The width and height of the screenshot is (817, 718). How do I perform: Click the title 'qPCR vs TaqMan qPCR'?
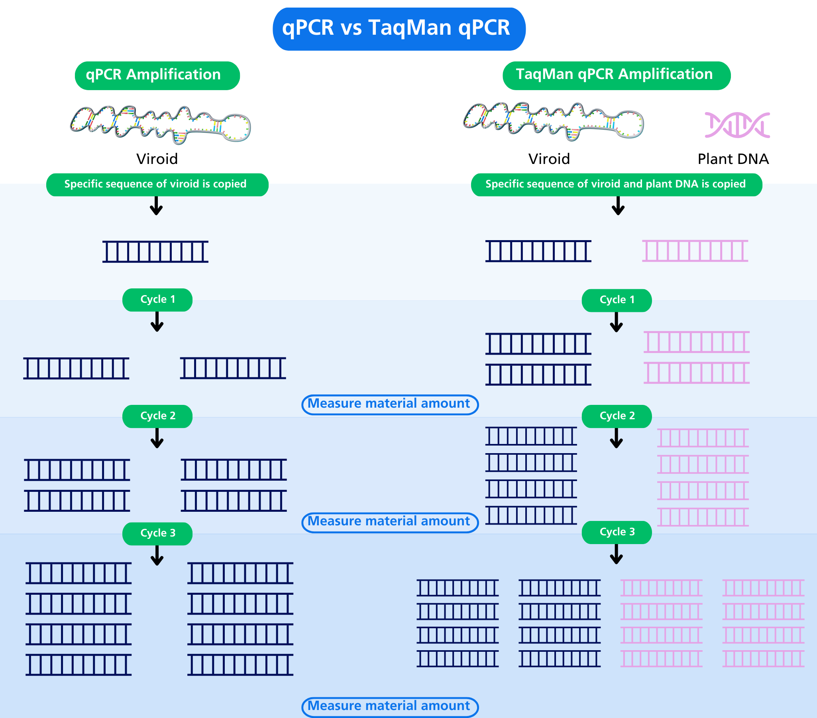pyautogui.click(x=396, y=28)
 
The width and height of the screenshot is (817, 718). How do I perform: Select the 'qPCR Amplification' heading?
pyautogui.click(x=153, y=75)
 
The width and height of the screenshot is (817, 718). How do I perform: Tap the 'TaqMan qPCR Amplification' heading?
pyautogui.click(x=614, y=75)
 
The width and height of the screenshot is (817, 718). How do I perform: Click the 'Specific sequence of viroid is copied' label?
pyautogui.click(x=155, y=184)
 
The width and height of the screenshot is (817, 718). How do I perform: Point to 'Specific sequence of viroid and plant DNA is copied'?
pyautogui.click(x=616, y=184)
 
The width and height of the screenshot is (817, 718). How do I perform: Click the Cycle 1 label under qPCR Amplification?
pyautogui.click(x=157, y=300)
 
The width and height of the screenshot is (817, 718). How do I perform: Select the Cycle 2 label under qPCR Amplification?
pyautogui.click(x=157, y=416)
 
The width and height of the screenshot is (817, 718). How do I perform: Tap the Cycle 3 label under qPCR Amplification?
pyautogui.click(x=157, y=533)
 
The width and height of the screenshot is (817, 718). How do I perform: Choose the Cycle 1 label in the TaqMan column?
pyautogui.click(x=617, y=300)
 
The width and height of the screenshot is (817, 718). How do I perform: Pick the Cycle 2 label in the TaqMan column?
pyautogui.click(x=617, y=416)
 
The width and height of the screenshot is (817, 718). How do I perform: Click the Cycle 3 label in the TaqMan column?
pyautogui.click(x=617, y=532)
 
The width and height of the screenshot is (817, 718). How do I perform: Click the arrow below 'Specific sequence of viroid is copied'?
pyautogui.click(x=156, y=206)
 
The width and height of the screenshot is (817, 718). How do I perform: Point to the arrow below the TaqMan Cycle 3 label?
pyautogui.click(x=617, y=554)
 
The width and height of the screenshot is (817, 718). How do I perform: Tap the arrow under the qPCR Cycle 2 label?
pyautogui.click(x=157, y=438)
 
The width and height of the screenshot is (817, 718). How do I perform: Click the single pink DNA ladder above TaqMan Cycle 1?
pyautogui.click(x=695, y=251)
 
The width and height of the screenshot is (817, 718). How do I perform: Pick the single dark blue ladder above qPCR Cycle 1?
pyautogui.click(x=155, y=252)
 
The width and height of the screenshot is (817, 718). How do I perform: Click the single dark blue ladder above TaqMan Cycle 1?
pyautogui.click(x=538, y=251)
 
